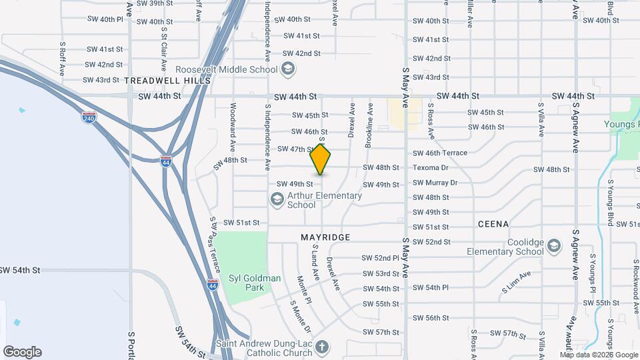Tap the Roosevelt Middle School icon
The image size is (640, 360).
coord(287,69)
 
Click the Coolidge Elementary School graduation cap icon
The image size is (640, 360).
coord(553,246)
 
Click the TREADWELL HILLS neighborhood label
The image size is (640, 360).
coord(167,81)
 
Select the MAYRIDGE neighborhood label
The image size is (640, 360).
coord(325,237)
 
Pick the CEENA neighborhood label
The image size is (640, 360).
coord(493,224)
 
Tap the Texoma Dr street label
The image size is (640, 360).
coord(431,167)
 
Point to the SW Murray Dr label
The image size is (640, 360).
coord(435,183)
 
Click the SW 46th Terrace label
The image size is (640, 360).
coord(440,153)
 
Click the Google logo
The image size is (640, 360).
coord(22,351)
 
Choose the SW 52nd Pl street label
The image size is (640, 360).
coord(380,257)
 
